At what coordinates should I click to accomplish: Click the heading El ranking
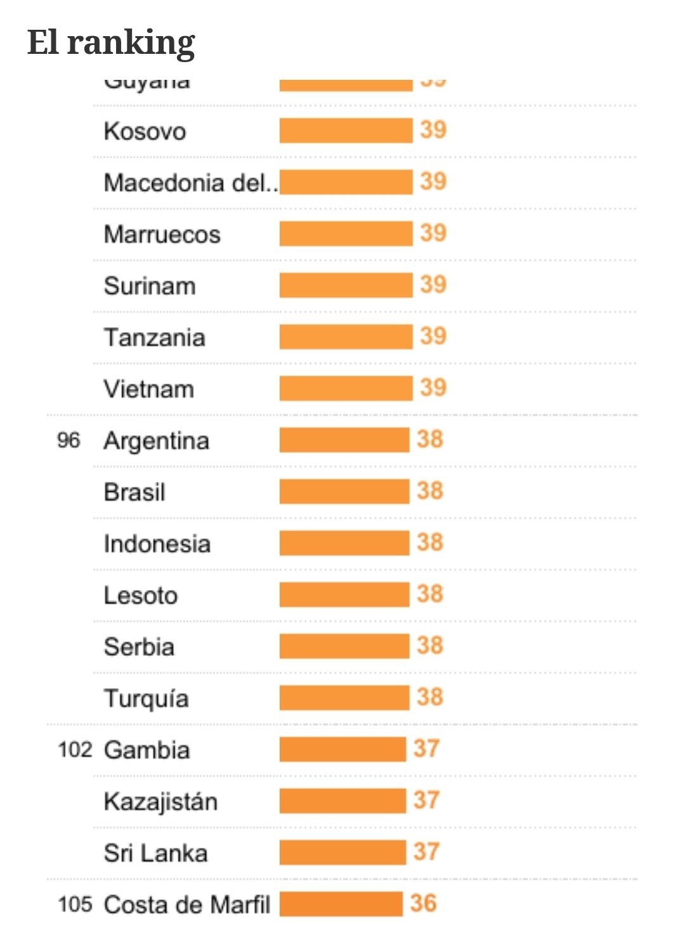pyautogui.click(x=111, y=43)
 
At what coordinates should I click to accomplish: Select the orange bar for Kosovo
pyautogui.click(x=346, y=131)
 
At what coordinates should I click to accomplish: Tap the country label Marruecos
pyautogui.click(x=162, y=234)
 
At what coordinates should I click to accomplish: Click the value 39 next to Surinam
pyautogui.click(x=433, y=285)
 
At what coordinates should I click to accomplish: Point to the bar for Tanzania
pyautogui.click(x=346, y=337)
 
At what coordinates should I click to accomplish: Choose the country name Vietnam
pyautogui.click(x=149, y=389)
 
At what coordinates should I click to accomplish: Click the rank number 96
pyautogui.click(x=68, y=440)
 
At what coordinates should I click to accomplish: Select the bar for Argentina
pyautogui.click(x=344, y=440)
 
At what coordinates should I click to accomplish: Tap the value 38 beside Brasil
pyautogui.click(x=430, y=491)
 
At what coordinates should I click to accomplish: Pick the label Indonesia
pyautogui.click(x=157, y=544)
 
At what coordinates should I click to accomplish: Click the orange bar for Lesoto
pyautogui.click(x=344, y=595)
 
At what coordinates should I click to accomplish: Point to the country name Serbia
pyautogui.click(x=140, y=647)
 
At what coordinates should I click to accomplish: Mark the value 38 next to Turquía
pyautogui.click(x=430, y=698)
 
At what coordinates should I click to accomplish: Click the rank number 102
pyautogui.click(x=75, y=750)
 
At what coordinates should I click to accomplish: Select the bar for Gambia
pyautogui.click(x=342, y=750)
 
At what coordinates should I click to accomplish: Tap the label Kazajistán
pyautogui.click(x=161, y=802)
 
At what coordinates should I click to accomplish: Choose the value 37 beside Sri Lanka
pyautogui.click(x=426, y=852)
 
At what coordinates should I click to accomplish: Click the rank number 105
pyautogui.click(x=75, y=904)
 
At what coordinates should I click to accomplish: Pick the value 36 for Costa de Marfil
pyautogui.click(x=423, y=904)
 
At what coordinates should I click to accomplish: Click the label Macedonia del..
pyautogui.click(x=190, y=183)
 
